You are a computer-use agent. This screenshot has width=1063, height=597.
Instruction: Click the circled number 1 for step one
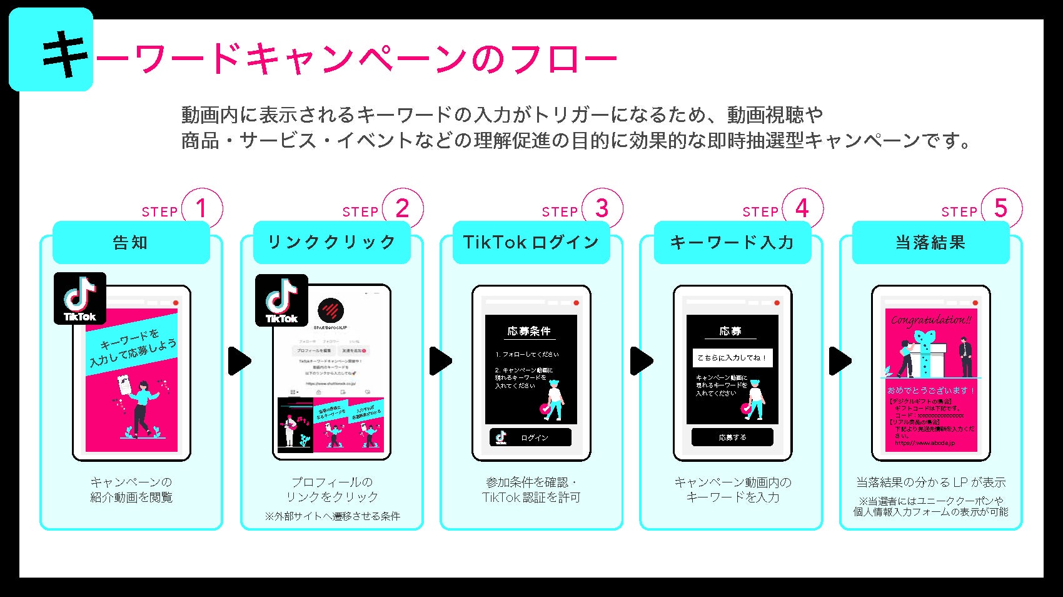201,209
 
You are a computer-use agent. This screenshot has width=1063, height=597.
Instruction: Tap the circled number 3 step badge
602,209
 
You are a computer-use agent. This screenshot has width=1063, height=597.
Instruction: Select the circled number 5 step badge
1001,209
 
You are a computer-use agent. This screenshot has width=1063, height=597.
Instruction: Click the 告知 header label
131,243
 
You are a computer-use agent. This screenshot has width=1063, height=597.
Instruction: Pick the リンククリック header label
331,243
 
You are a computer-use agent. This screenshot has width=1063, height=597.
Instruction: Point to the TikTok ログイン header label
531,243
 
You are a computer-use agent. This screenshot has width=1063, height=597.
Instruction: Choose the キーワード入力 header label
732,243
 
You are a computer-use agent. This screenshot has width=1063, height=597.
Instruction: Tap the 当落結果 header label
930,243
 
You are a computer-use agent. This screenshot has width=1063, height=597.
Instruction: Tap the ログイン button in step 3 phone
530,437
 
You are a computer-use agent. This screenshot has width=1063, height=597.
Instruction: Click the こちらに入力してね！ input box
732,358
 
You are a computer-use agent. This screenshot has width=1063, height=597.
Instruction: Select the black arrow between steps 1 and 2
239,361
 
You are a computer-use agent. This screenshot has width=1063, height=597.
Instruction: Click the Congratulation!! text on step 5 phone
931,320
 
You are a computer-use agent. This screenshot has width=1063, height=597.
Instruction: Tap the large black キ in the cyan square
65,55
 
